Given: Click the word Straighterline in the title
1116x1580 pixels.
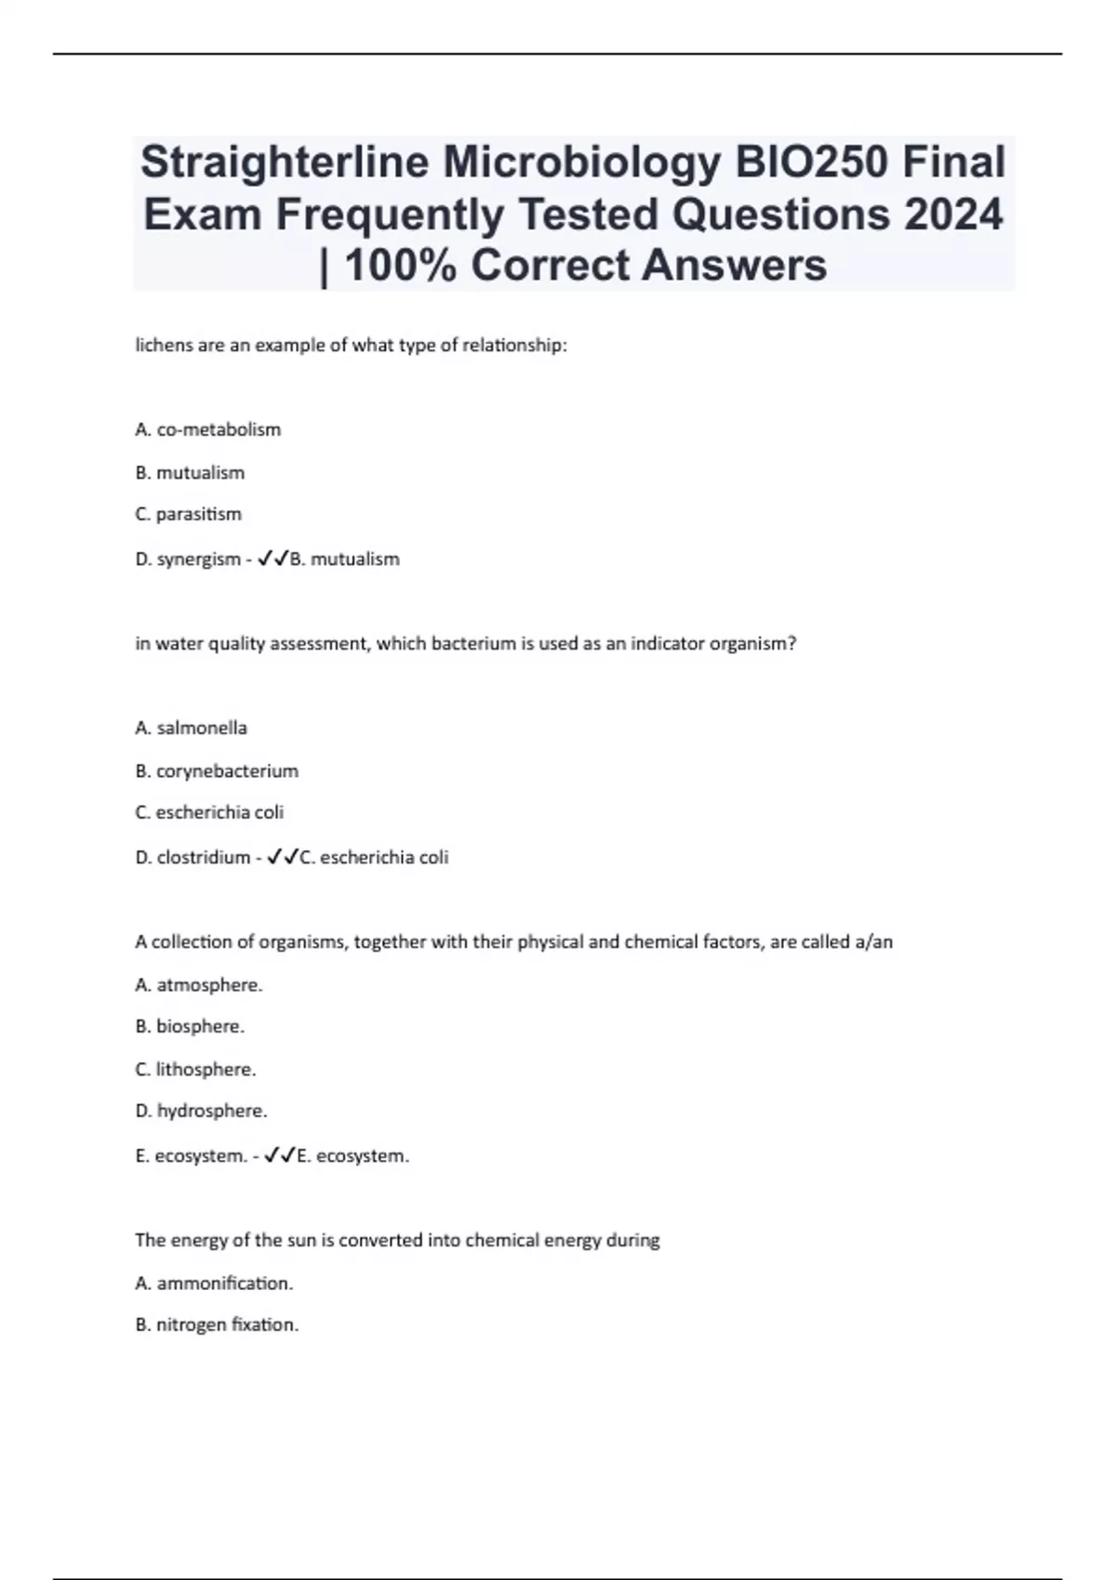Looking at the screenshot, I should [x=284, y=162].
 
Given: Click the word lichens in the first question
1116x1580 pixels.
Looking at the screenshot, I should [x=165, y=345].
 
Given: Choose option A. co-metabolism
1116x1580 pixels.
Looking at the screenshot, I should [x=207, y=429].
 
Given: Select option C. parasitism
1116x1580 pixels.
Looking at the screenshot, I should [x=188, y=514].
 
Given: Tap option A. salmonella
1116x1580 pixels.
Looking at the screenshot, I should [x=191, y=728].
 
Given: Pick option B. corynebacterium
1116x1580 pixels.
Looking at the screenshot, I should [x=217, y=770].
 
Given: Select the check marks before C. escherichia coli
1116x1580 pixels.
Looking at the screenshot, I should [x=282, y=857].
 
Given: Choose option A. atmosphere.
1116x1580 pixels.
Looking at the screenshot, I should [x=199, y=984].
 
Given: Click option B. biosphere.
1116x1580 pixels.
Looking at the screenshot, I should [x=190, y=1026].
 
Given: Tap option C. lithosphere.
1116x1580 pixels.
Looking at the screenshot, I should [x=195, y=1069].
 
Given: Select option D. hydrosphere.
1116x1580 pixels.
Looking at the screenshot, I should [x=201, y=1111].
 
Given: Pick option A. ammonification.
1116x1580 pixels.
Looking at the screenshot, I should [x=214, y=1283].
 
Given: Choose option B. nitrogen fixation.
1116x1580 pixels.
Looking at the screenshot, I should [x=217, y=1324].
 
